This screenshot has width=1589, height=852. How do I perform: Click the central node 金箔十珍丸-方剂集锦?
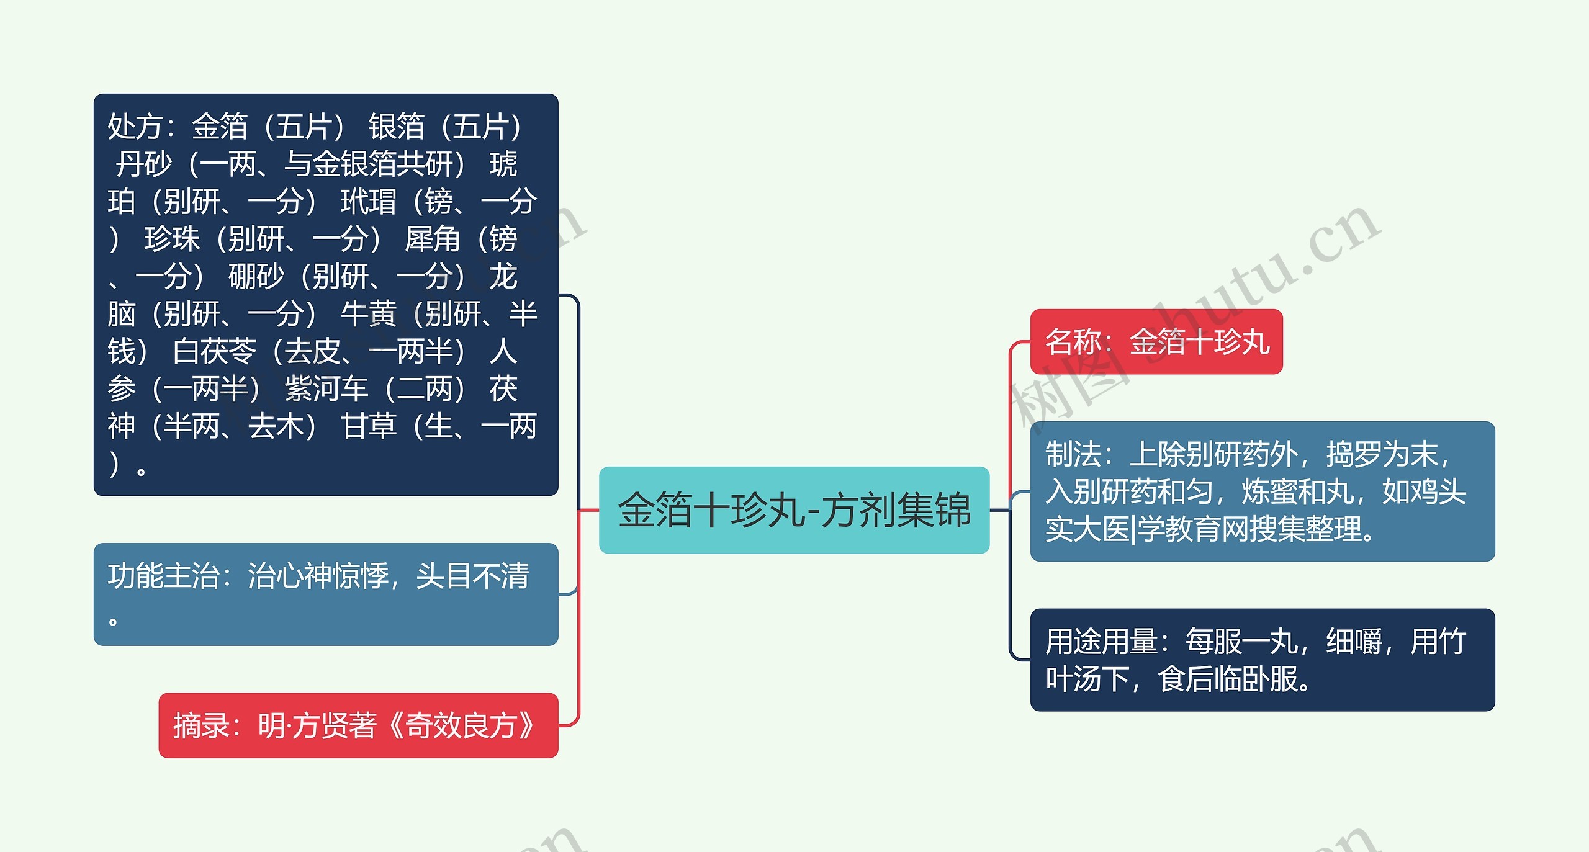pyautogui.click(x=794, y=510)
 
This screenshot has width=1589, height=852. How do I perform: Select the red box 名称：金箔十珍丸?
pyautogui.click(x=1156, y=342)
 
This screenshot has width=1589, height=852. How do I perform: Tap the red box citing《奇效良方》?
pyautogui.click(x=358, y=725)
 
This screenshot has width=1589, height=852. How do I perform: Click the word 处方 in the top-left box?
pyautogui.click(x=135, y=127)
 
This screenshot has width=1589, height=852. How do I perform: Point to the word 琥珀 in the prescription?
pyautogui.click(x=503, y=165)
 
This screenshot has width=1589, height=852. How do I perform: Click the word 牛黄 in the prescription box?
pyautogui.click(x=368, y=314)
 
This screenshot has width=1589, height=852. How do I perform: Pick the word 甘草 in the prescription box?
pyautogui.click(x=368, y=426)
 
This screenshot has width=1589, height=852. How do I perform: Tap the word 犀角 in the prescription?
pyautogui.click(x=432, y=239)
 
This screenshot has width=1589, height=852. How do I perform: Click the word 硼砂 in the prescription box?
pyautogui.click(x=256, y=277)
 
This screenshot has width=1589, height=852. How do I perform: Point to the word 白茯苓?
pyautogui.click(x=214, y=351)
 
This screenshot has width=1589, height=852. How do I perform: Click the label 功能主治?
pyautogui.click(x=163, y=576)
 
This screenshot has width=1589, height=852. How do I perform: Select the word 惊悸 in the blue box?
pyautogui.click(x=361, y=576)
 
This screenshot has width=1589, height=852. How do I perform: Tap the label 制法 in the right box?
pyautogui.click(x=1073, y=454)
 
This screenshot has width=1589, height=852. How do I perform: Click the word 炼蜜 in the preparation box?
pyautogui.click(x=1269, y=492)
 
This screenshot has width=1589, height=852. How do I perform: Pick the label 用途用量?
pyautogui.click(x=1101, y=642)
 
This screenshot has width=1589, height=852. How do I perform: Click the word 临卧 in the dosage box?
pyautogui.click(x=1240, y=679)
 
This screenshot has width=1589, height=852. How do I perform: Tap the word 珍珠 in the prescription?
pyautogui.click(x=172, y=239)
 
